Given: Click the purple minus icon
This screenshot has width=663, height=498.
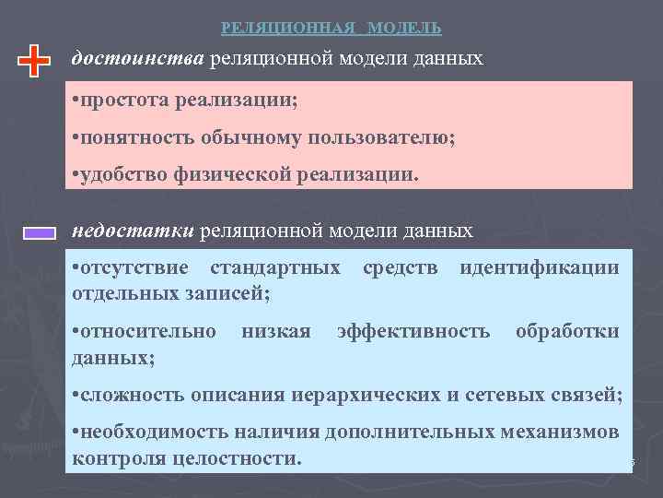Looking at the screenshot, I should [x=39, y=234].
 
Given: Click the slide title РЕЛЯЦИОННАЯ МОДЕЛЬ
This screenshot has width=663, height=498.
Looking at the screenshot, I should [x=331, y=28].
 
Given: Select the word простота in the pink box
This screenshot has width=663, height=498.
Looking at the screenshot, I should [x=120, y=101].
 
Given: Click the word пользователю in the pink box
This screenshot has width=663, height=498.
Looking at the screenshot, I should [x=386, y=136].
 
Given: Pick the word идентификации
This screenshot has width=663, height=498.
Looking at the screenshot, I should [x=540, y=268].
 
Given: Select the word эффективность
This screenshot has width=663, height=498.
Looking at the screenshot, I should [x=414, y=331].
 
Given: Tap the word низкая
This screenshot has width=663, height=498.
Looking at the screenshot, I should [x=276, y=331].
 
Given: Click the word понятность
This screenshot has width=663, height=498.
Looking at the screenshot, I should [x=128, y=136].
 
